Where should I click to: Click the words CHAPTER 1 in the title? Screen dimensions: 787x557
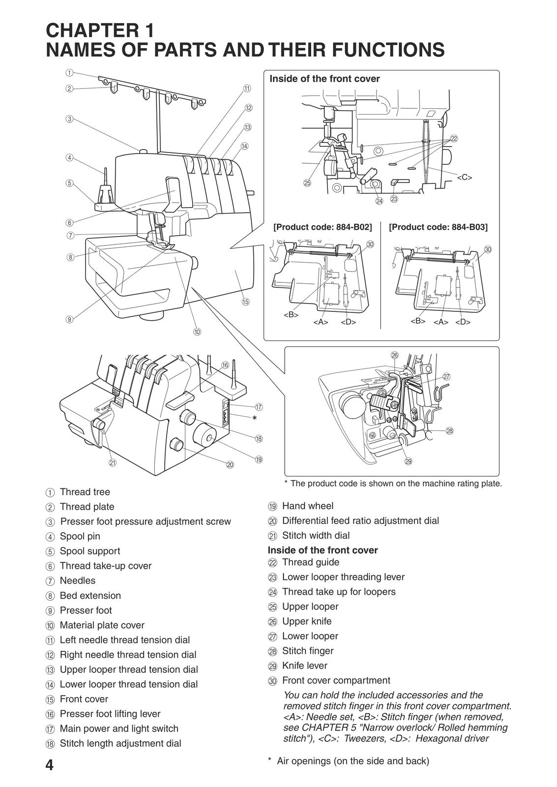pyautogui.click(x=100, y=30)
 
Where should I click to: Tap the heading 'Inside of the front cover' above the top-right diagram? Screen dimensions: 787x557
pyautogui.click(x=324, y=79)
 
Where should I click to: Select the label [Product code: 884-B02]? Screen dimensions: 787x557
pyautogui.click(x=322, y=227)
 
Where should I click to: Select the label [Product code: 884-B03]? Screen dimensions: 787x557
pyautogui.click(x=438, y=227)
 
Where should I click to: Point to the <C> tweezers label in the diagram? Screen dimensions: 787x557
pyautogui.click(x=464, y=178)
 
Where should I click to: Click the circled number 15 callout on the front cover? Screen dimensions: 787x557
pyautogui.click(x=245, y=302)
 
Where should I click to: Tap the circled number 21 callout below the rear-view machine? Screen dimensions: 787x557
pyautogui.click(x=113, y=462)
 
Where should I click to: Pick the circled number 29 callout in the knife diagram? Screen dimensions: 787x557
pyautogui.click(x=408, y=461)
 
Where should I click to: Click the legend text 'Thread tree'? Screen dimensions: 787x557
pyautogui.click(x=85, y=492)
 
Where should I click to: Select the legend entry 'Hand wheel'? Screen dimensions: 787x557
pyautogui.click(x=307, y=506)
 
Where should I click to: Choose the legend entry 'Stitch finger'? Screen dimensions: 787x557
pyautogui.click(x=307, y=651)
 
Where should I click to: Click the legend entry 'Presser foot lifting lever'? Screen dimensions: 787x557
pyautogui.click(x=110, y=714)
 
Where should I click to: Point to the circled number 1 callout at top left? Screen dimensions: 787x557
pyautogui.click(x=69, y=72)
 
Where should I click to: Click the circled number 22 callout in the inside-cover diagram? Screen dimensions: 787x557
pyautogui.click(x=454, y=139)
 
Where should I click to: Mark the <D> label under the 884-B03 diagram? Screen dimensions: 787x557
pyautogui.click(x=463, y=322)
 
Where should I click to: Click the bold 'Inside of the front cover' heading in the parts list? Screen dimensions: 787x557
pyautogui.click(x=322, y=550)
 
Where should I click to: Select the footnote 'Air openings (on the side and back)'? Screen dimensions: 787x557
pyautogui.click(x=352, y=761)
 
